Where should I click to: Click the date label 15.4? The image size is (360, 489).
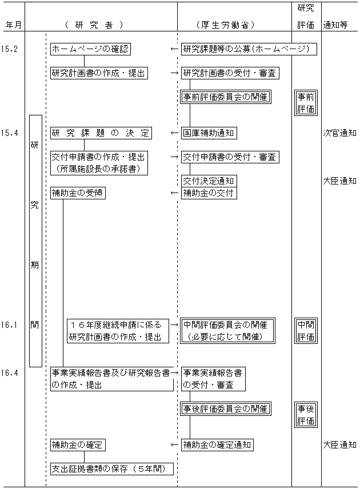pos(9,133)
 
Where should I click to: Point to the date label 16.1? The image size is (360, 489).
pos(9,325)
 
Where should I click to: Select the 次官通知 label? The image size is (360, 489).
pos(340,133)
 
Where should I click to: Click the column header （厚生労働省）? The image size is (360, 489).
pos(226,25)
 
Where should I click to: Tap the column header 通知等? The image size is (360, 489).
pos(335,25)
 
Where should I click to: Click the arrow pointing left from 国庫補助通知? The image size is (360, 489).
pos(174,133)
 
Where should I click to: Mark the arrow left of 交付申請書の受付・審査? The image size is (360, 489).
pos(174,157)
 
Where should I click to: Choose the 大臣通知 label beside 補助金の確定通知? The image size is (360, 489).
pos(340,444)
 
